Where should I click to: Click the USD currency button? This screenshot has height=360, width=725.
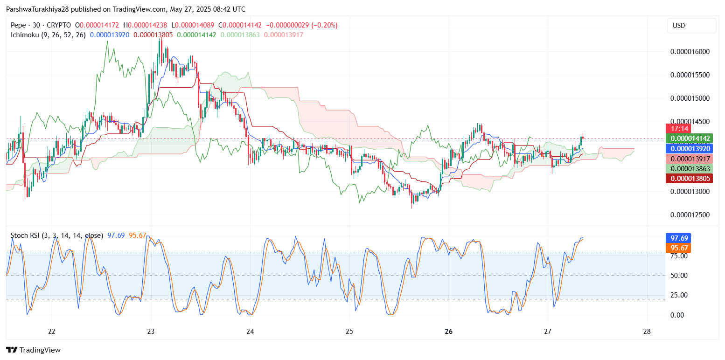coord(691,26)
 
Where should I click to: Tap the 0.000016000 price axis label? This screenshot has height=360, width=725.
coord(690,52)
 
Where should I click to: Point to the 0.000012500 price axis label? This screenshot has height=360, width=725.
coord(690,215)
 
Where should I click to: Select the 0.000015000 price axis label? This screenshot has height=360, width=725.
coord(690,98)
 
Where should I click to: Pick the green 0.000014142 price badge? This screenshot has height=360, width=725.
coord(689,138)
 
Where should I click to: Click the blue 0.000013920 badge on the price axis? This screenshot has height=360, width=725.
coord(689,149)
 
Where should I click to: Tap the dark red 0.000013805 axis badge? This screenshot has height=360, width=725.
coord(689,178)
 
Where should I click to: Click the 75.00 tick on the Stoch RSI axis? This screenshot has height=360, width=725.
coord(678,256)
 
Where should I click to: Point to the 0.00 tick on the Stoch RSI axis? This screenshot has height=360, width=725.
coord(676,315)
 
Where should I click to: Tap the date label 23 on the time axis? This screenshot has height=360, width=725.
coord(151,332)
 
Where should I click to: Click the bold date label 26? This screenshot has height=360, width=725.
coord(448,332)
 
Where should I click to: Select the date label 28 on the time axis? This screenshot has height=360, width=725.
coord(647,332)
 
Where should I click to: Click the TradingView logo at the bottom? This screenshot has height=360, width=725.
coord(33,350)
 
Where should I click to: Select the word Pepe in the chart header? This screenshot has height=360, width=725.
coord(18,25)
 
